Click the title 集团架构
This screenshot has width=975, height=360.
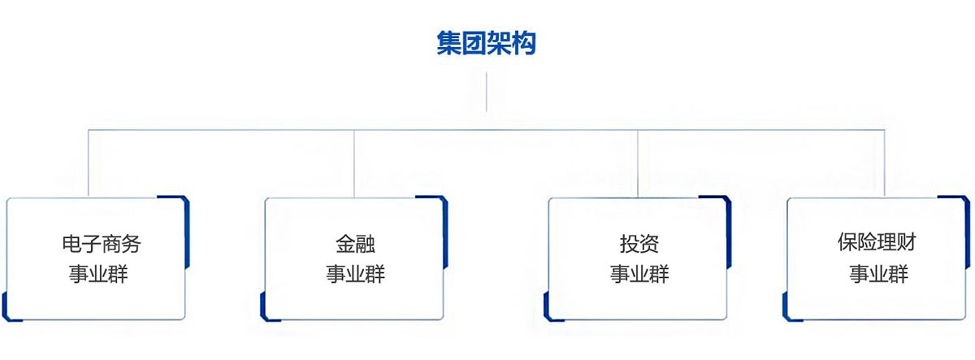pyautogui.click(x=487, y=43)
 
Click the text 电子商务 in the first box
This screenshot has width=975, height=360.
pyautogui.click(x=95, y=243)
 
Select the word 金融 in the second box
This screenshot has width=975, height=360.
pyautogui.click(x=355, y=243)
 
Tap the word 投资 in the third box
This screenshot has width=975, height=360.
pyautogui.click(x=639, y=243)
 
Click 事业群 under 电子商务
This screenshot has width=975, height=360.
pyautogui.click(x=95, y=274)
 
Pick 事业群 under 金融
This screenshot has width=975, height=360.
pyautogui.click(x=355, y=274)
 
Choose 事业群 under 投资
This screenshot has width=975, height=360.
pyautogui.click(x=639, y=274)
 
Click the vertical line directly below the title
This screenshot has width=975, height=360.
pyautogui.click(x=486, y=92)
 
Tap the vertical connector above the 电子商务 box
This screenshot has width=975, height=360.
pyautogui.click(x=89, y=163)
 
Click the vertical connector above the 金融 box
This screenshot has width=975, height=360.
pyautogui.click(x=354, y=163)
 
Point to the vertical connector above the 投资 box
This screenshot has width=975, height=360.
pyautogui.click(x=638, y=163)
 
